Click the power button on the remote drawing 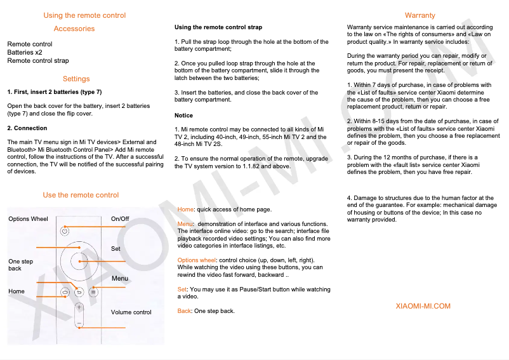coord(65,231)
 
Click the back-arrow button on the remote coord(79,292)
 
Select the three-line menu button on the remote coord(93,292)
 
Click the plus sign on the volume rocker coord(79,307)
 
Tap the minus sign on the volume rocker coord(79,323)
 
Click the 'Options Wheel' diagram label coord(28,219)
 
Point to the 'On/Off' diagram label coord(120,219)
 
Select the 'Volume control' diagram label coord(131,312)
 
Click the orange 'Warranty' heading coord(420,15)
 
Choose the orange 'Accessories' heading coord(74,29)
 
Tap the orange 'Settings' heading coord(76,79)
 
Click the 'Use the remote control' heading coord(81,195)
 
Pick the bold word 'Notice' coord(183,116)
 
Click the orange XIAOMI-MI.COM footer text coord(423,306)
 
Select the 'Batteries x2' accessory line coord(25,53)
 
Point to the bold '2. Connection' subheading coord(27,128)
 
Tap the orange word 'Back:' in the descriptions coord(184,311)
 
